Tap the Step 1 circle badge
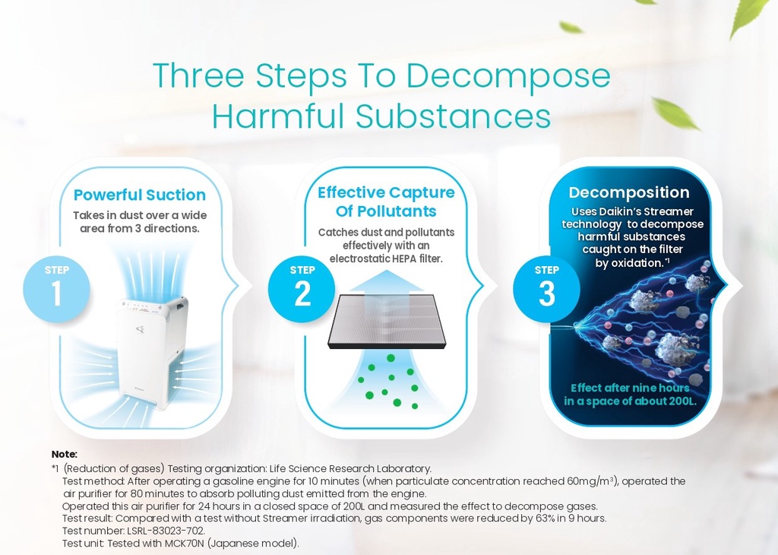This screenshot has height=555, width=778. point(56,289)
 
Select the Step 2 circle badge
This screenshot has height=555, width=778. point(302,289)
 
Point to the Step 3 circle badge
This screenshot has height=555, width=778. point(546,289)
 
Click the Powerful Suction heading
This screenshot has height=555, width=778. point(140,195)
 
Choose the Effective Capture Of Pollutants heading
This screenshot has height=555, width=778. point(386,201)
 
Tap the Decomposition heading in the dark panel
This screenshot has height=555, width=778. point(628,192)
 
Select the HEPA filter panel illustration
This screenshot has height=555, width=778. point(387,321)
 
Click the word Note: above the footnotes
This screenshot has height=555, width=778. point(65,454)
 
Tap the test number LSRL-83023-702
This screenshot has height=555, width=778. point(165,531)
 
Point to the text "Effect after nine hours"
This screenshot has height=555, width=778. point(630,388)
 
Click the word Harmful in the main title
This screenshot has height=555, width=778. point(278,116)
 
